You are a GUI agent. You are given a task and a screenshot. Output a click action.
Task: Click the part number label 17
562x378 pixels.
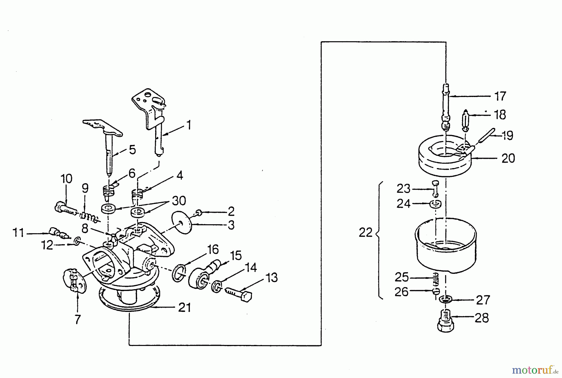(x=500, y=96)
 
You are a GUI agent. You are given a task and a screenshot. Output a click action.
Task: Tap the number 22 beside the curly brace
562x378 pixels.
(x=366, y=233)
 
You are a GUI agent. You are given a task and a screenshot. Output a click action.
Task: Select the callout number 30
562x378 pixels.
(x=179, y=201)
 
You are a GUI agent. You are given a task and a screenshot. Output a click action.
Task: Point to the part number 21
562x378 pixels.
(x=184, y=308)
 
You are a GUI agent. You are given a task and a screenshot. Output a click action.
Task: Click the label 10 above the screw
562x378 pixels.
(x=66, y=179)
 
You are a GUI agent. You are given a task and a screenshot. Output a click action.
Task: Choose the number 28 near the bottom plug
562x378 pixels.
(x=481, y=318)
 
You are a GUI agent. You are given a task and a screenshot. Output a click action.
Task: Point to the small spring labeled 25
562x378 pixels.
(x=436, y=279)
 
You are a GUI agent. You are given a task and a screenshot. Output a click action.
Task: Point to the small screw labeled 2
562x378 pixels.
(x=199, y=213)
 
